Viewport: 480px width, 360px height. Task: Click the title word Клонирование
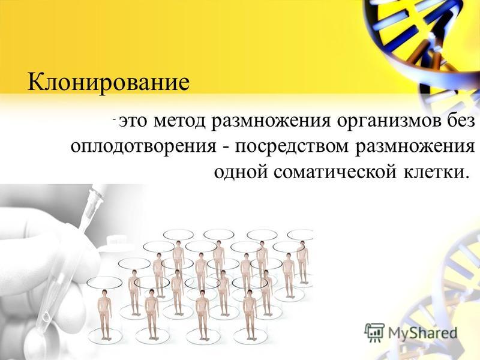109,82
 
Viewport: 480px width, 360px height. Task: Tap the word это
133,121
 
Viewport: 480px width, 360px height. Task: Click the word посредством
292,147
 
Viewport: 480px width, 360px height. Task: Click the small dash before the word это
114,119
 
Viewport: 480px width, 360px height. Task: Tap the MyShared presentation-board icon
374,332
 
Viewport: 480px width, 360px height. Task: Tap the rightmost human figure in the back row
302,262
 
